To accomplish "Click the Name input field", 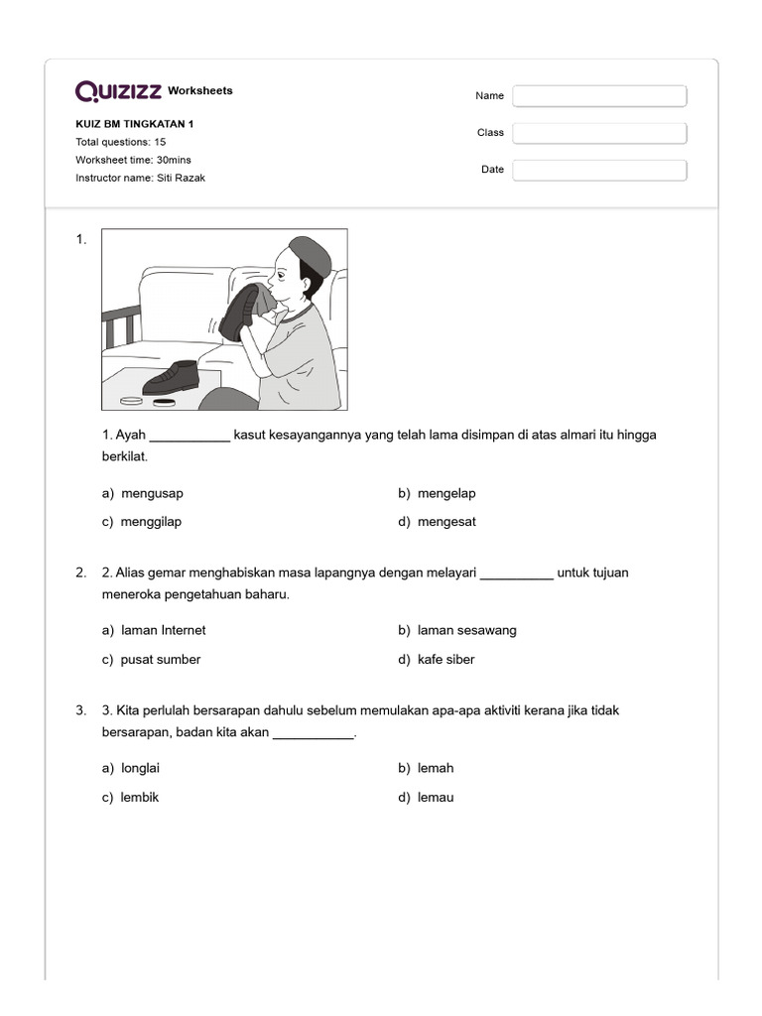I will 599,96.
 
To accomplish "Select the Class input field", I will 599,133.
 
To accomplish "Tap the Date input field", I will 599,170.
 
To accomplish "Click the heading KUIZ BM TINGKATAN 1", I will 135,124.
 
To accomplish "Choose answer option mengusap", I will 151,493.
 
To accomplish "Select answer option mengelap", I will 446,493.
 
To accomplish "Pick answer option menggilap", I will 151,522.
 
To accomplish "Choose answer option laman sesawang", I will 466,630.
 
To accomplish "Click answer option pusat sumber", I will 160,659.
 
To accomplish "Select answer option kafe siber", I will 445,659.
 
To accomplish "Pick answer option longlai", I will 140,768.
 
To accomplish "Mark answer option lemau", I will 436,797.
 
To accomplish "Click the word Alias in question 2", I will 132,572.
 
